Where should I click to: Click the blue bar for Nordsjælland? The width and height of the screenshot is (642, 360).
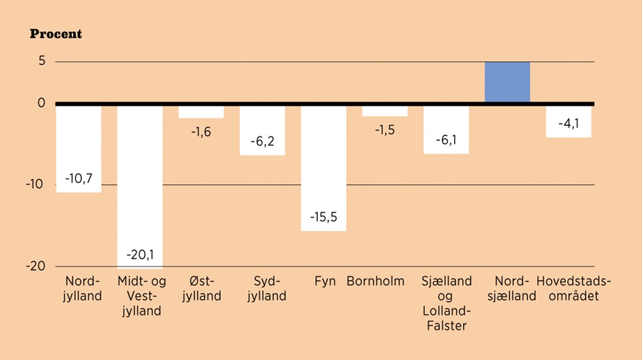(x=507, y=82)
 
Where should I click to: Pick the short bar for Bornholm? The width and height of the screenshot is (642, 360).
(x=385, y=110)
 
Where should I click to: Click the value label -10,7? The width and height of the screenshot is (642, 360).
(x=79, y=179)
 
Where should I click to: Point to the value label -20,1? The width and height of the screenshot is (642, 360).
(x=140, y=255)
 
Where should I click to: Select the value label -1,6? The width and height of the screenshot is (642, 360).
(x=201, y=132)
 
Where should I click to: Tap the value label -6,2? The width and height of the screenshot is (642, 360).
(x=262, y=142)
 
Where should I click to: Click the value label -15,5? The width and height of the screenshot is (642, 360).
(x=323, y=217)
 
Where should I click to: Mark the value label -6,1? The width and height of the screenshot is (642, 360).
(x=446, y=140)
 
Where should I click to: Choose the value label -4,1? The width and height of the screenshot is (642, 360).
(x=568, y=124)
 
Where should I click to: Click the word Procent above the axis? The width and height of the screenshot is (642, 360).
(x=56, y=34)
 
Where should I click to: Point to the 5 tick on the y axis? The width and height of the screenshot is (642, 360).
(x=41, y=62)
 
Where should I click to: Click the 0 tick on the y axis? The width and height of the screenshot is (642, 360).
(x=41, y=103)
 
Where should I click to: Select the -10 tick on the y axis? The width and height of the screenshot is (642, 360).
(x=36, y=184)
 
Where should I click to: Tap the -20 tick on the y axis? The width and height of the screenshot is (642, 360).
(x=36, y=266)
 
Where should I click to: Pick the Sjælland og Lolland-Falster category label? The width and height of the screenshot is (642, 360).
(x=446, y=303)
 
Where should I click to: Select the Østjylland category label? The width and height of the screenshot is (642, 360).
(x=201, y=288)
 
